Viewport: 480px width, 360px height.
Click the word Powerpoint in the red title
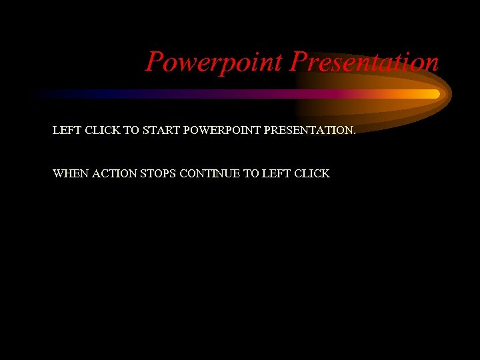click(x=215, y=62)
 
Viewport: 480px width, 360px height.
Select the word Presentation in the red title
click(x=364, y=62)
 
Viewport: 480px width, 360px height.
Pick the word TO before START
click(x=131, y=131)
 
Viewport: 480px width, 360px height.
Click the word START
click(x=161, y=131)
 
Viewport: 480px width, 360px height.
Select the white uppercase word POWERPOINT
click(x=222, y=131)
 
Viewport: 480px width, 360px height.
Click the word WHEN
click(x=70, y=173)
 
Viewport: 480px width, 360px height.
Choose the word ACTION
click(x=114, y=173)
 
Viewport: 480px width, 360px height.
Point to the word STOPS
click(x=158, y=173)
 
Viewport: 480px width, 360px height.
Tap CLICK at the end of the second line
click(x=311, y=173)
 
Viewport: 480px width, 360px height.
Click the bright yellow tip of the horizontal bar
click(x=435, y=94)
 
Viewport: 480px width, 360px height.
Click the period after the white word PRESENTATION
click(x=355, y=133)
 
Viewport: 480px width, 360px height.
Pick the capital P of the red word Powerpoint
click(x=155, y=62)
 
